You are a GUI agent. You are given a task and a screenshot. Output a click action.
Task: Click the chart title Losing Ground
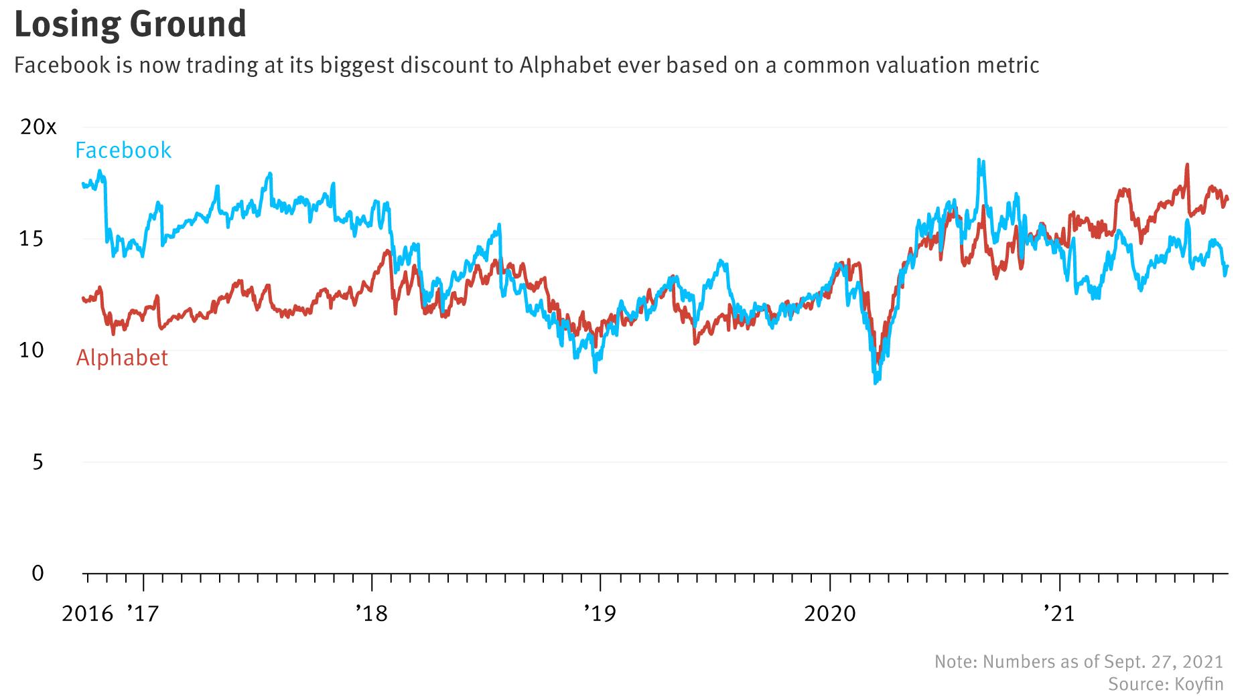tap(130, 24)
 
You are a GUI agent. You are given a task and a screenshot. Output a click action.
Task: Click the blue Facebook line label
tap(123, 150)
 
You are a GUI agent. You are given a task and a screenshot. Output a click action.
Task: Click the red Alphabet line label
tap(122, 358)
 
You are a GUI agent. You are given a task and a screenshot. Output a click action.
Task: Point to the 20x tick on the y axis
tap(38, 127)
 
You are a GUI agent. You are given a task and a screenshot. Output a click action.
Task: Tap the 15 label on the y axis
tap(32, 239)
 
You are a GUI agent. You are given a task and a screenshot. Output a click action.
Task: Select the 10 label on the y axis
tap(32, 350)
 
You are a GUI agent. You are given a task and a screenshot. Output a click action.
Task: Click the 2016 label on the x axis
tap(88, 613)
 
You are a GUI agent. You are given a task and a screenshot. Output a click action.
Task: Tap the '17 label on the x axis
tap(142, 613)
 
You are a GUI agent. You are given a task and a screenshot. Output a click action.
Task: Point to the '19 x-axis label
tap(600, 613)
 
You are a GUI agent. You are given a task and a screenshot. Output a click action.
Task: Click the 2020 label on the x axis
tap(830, 613)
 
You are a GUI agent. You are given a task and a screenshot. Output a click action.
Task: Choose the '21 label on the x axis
tap(1060, 613)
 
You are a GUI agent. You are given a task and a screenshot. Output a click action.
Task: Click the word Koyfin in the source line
tap(1198, 684)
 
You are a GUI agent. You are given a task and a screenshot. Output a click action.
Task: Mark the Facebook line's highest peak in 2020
tap(979, 160)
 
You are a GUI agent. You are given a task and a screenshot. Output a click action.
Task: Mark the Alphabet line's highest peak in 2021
tap(1187, 165)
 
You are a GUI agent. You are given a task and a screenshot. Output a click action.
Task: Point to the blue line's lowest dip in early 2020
tap(876, 383)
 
